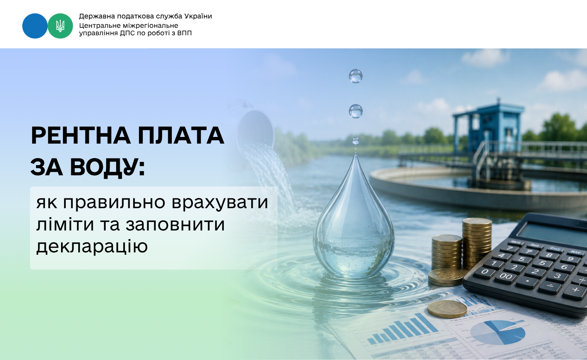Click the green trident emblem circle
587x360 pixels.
click(x=60, y=26)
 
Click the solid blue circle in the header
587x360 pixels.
click(x=35, y=26)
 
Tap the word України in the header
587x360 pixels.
click(x=198, y=16)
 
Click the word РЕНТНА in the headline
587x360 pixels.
click(x=81, y=136)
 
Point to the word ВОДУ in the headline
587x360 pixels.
click(x=107, y=168)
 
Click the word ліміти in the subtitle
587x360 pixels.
click(x=65, y=224)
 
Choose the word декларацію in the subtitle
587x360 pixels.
click(x=92, y=247)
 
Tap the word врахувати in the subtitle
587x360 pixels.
click(x=220, y=203)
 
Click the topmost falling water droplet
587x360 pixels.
click(x=356, y=76)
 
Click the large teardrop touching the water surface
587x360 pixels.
click(x=354, y=218)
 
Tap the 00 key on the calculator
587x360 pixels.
click(x=506, y=276)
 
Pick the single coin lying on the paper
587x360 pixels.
click(x=447, y=309)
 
